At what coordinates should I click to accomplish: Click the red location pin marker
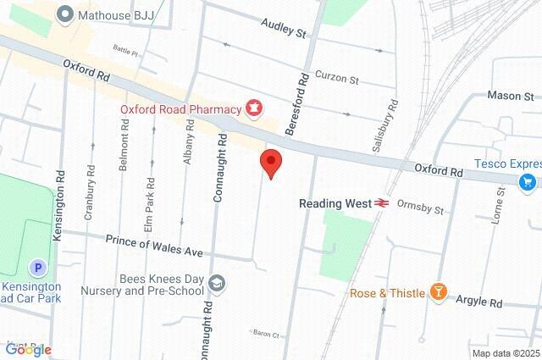[270, 162]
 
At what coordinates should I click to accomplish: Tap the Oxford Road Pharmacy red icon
[252, 108]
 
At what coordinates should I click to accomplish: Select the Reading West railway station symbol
[382, 203]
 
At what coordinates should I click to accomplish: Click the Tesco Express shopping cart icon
[528, 180]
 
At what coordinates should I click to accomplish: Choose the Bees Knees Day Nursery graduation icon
[217, 283]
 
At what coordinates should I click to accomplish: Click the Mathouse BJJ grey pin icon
[64, 14]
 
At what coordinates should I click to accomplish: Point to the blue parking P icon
[37, 268]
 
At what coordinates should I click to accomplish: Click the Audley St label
[283, 32]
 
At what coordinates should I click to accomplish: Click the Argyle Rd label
[478, 302]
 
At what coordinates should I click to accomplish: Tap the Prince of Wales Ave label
[154, 246]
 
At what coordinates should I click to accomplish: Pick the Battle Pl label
[124, 52]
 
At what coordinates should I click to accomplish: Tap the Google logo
[28, 349]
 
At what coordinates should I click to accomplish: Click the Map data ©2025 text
[505, 353]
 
